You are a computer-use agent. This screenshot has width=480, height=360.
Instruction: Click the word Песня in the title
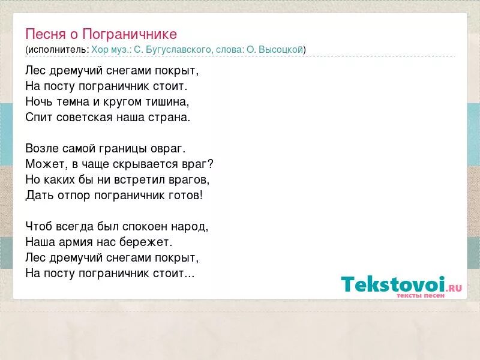click(x=41, y=34)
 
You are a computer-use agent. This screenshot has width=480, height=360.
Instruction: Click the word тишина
click(x=167, y=101)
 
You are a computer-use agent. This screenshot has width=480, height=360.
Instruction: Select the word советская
click(x=81, y=117)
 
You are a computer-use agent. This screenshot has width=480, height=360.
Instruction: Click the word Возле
click(x=41, y=148)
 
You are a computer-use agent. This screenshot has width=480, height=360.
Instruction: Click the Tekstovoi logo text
click(x=393, y=284)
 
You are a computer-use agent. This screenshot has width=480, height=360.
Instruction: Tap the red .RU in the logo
click(x=454, y=287)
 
